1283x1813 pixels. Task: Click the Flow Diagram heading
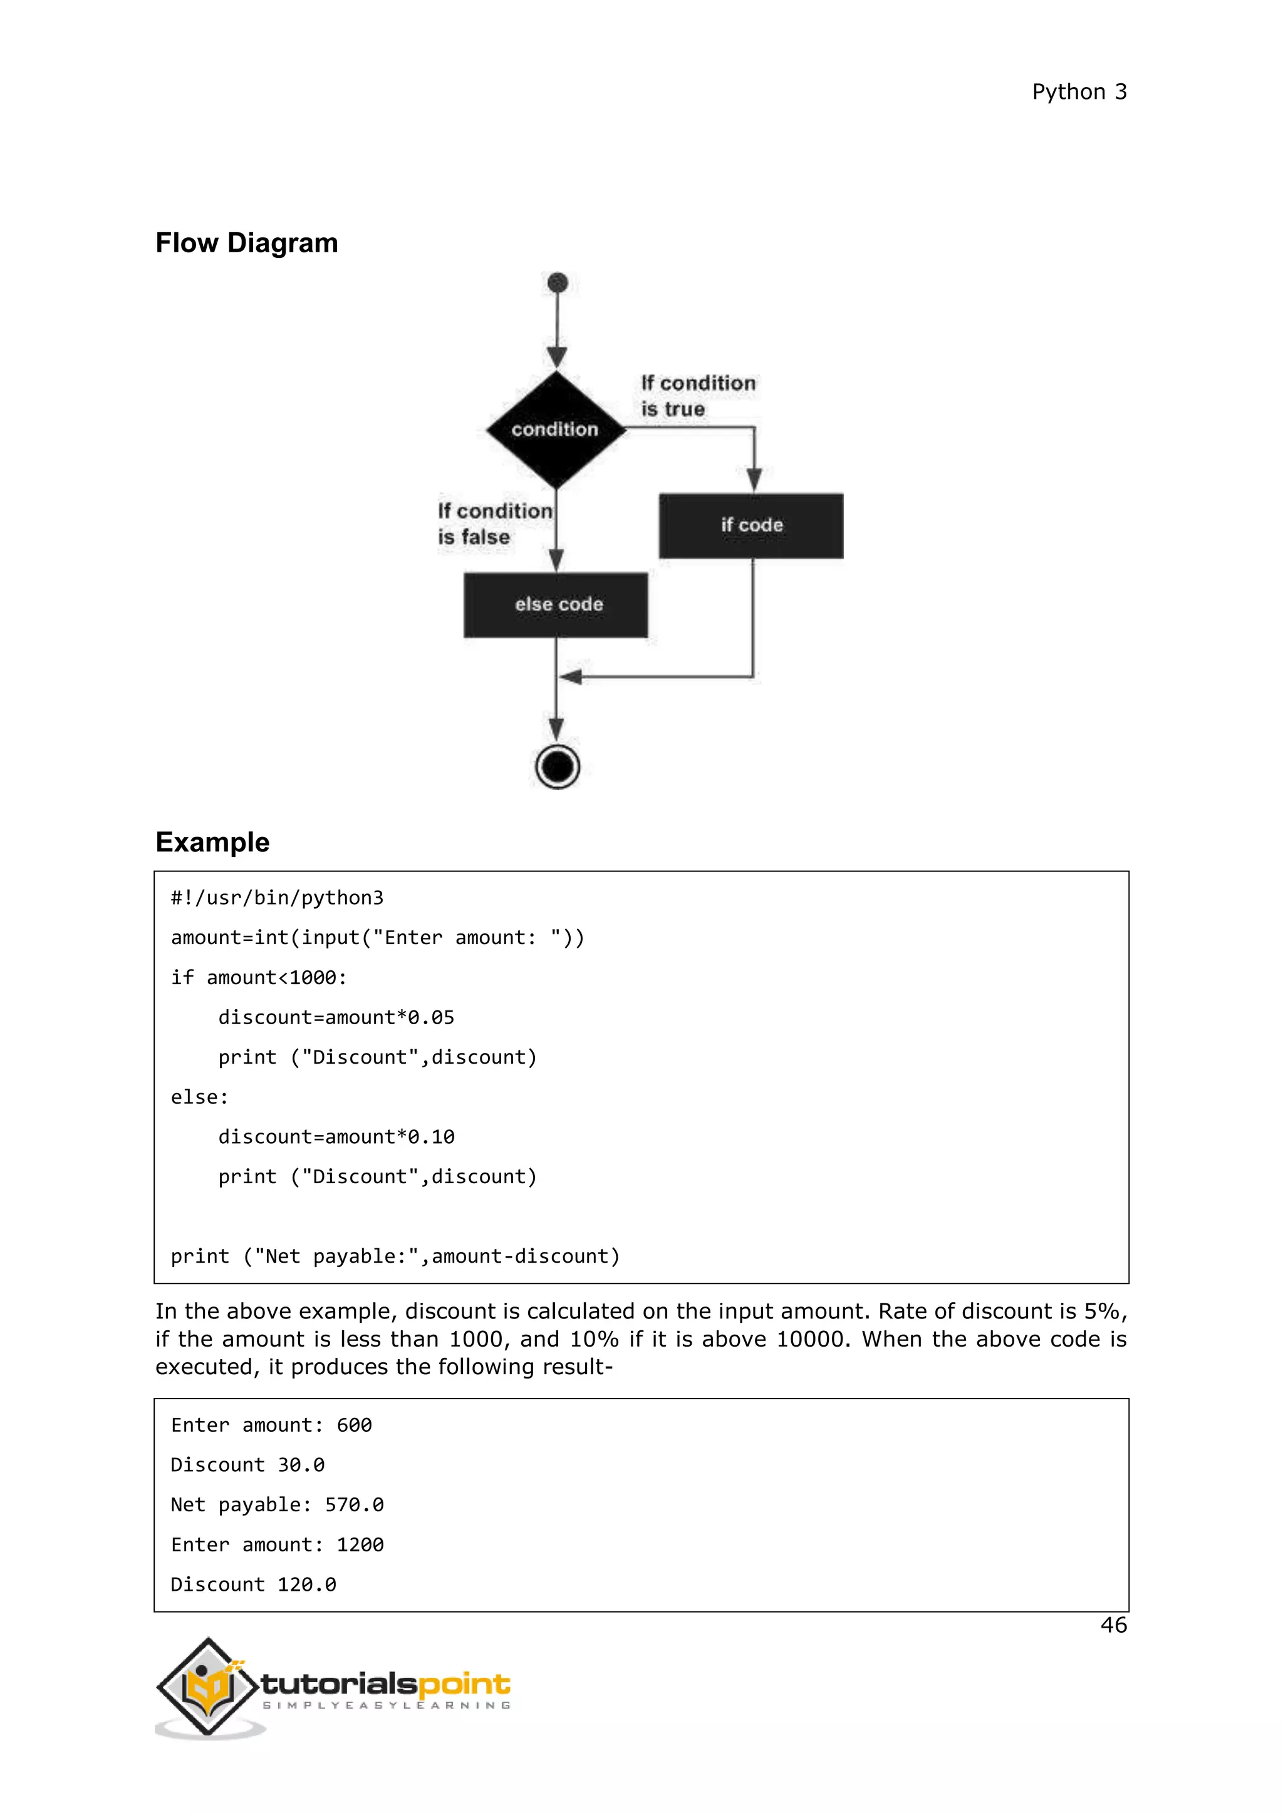(246, 243)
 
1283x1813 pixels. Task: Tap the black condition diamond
(556, 429)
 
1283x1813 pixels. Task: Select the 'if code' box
(751, 526)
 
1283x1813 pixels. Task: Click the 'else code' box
(556, 605)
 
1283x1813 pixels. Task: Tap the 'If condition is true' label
(698, 396)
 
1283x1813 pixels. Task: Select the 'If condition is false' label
(494, 523)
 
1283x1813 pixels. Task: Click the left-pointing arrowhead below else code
(571, 677)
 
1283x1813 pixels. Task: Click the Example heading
(212, 843)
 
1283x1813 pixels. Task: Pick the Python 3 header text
(1079, 93)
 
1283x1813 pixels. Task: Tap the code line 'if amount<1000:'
(259, 978)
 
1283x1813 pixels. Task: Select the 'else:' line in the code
(200, 1097)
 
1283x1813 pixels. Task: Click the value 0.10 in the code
(432, 1137)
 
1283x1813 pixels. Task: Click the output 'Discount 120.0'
(254, 1584)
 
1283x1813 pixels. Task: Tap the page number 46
(1113, 1625)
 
